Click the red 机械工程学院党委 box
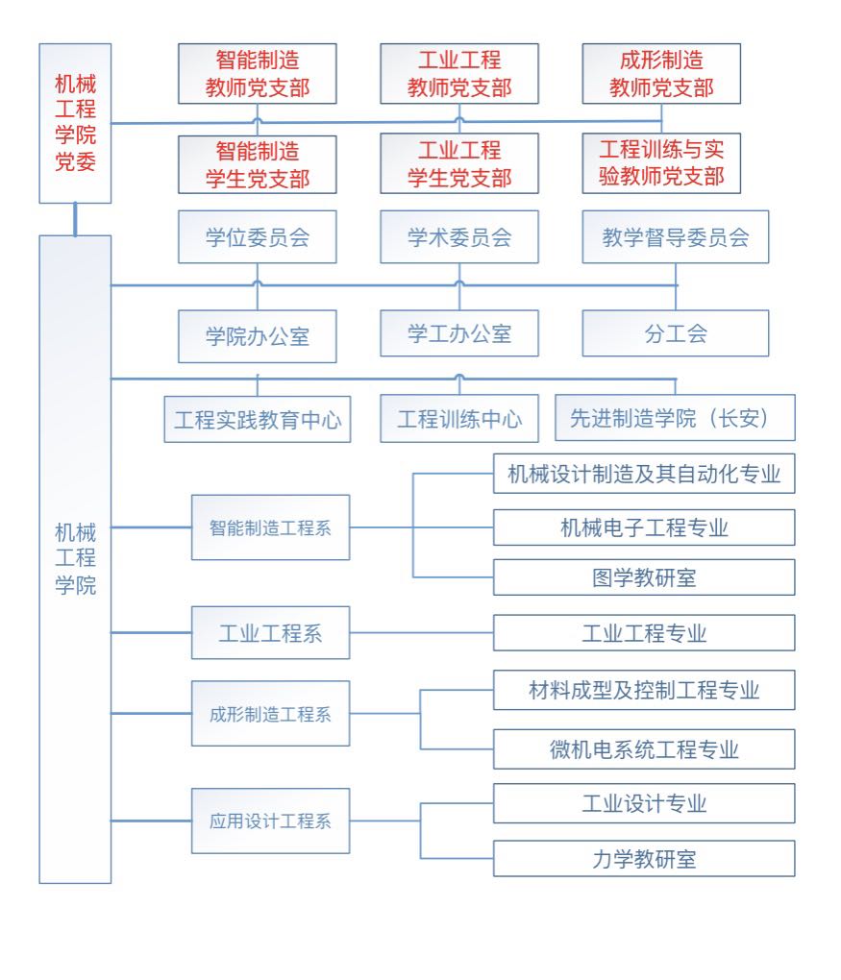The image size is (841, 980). [x=75, y=123]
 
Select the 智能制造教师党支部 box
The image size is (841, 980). [x=257, y=74]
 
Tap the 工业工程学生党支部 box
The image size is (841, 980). [x=458, y=164]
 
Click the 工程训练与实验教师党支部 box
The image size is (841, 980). [x=661, y=164]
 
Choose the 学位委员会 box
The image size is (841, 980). [x=257, y=237]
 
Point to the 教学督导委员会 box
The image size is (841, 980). [x=675, y=237]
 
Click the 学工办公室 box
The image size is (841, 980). [x=458, y=333]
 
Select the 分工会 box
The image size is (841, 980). [x=675, y=333]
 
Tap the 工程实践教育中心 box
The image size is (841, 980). [x=257, y=418]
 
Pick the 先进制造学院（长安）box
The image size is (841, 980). [x=675, y=418]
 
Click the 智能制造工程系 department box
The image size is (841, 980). [x=270, y=527]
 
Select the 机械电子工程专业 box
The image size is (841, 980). [x=644, y=527]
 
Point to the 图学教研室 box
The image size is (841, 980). [x=644, y=577]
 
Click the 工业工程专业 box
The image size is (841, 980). [x=644, y=633]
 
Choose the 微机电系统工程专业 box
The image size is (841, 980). [x=644, y=749]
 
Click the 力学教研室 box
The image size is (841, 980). [x=644, y=859]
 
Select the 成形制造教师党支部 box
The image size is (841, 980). [x=661, y=74]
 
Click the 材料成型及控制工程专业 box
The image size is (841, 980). [x=644, y=690]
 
